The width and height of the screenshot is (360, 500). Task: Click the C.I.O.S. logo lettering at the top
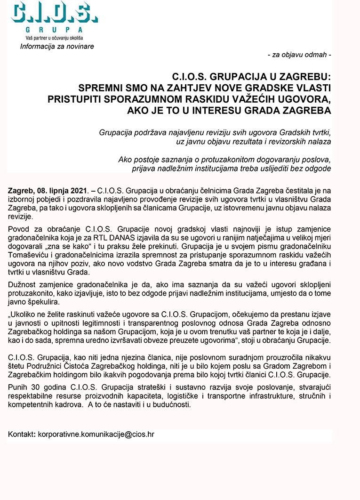[55, 13]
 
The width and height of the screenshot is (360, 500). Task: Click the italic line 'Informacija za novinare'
[57, 46]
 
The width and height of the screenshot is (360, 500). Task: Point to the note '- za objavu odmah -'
[299, 55]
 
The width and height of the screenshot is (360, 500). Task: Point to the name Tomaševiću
[27, 256]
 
